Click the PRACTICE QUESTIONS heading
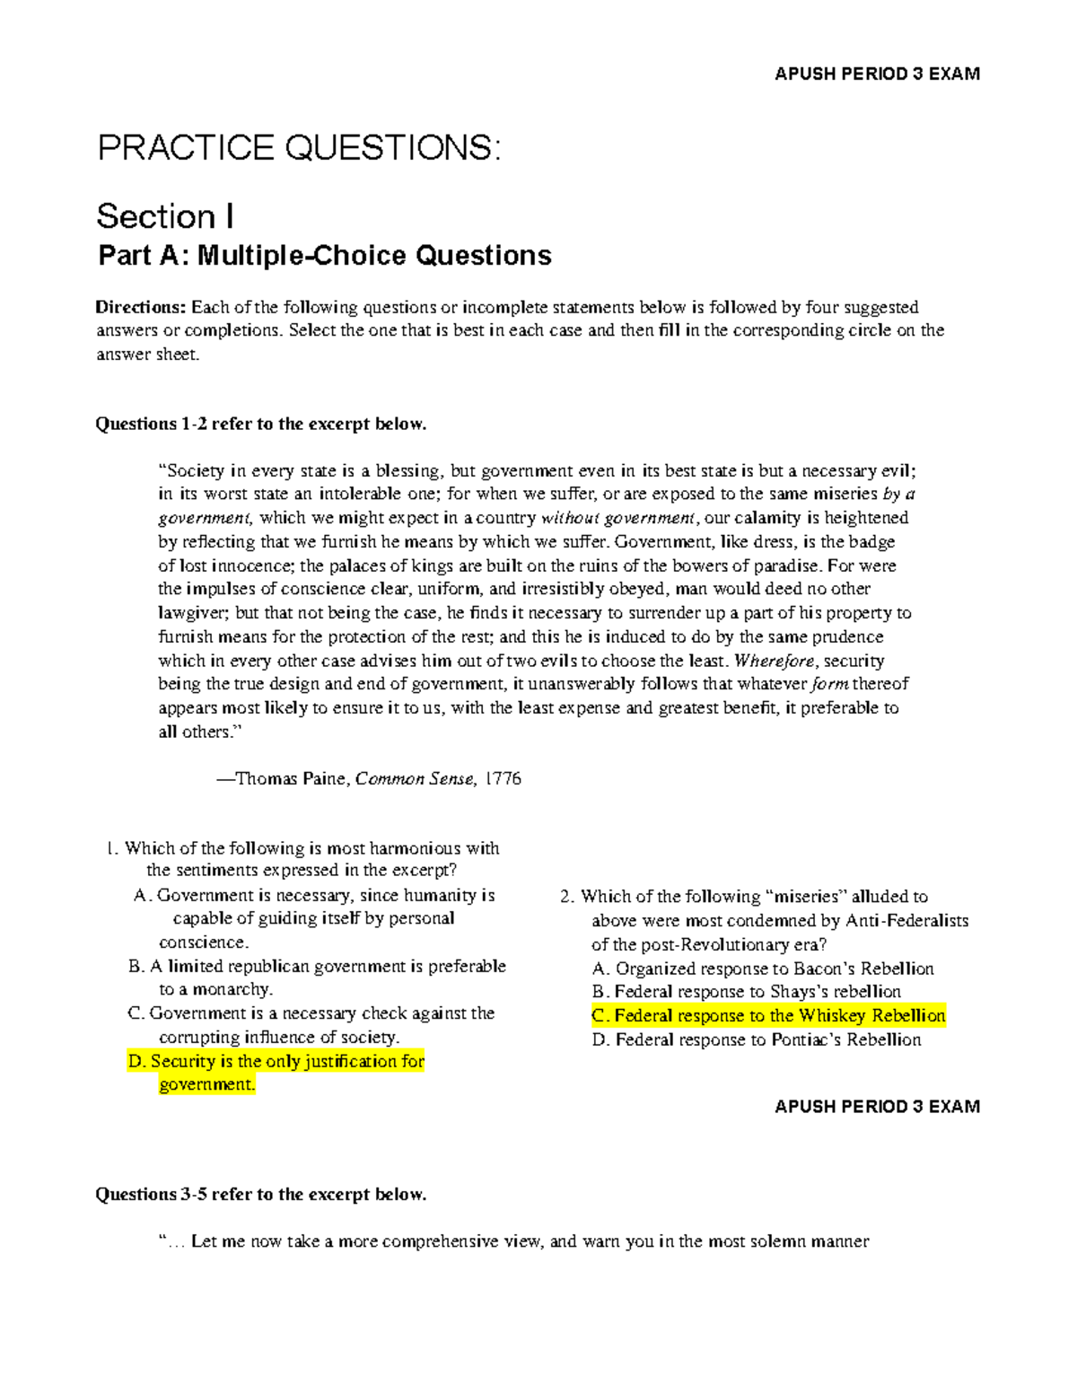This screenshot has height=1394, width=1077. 299,147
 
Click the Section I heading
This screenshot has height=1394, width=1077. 166,216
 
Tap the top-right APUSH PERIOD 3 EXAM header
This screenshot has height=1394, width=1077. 877,74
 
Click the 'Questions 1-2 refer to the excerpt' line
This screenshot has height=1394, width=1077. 261,424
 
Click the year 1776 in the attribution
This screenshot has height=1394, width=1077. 503,778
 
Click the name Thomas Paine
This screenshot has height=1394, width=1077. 292,778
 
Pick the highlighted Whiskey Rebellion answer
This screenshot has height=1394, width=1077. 769,1015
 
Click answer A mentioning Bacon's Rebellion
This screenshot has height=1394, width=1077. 764,969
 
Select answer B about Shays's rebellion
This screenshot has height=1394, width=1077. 747,991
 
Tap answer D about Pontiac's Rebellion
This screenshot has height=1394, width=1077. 757,1039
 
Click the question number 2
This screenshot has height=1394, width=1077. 565,896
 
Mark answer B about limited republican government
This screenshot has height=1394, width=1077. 318,967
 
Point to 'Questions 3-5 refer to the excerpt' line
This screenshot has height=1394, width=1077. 261,1194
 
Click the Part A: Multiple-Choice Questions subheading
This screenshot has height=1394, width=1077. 325,256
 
